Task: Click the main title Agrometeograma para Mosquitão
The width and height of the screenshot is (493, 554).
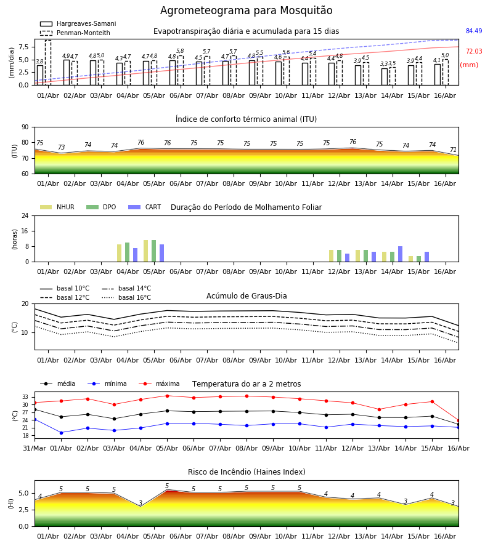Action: (246, 10)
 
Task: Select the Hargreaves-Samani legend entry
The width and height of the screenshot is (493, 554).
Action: (78, 23)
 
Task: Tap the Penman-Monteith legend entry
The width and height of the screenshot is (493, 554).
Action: (75, 33)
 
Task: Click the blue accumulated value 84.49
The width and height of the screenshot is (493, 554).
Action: (474, 31)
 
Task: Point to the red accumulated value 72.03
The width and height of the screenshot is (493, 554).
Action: (474, 51)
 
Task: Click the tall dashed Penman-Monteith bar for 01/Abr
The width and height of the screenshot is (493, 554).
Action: (48, 63)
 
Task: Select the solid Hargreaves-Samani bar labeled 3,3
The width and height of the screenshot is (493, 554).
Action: (385, 77)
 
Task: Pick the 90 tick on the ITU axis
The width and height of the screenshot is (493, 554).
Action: (25, 127)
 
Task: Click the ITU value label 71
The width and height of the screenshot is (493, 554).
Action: (453, 150)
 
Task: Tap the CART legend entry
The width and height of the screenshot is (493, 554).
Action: (145, 207)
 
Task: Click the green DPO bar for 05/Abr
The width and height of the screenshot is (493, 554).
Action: (154, 251)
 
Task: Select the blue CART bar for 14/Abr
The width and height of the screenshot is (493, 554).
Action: (401, 254)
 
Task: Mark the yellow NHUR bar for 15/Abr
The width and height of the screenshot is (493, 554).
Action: (410, 259)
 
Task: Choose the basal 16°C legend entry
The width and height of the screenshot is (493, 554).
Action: (126, 297)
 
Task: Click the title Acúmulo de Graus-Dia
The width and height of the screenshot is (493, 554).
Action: (246, 296)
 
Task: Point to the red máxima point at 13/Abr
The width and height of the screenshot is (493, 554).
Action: (379, 409)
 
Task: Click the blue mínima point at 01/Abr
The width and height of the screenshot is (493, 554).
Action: (61, 433)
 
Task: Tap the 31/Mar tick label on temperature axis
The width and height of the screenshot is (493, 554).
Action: (35, 448)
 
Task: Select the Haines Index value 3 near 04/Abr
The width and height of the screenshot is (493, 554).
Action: (141, 503)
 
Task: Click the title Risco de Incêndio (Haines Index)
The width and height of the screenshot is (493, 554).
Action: (246, 472)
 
